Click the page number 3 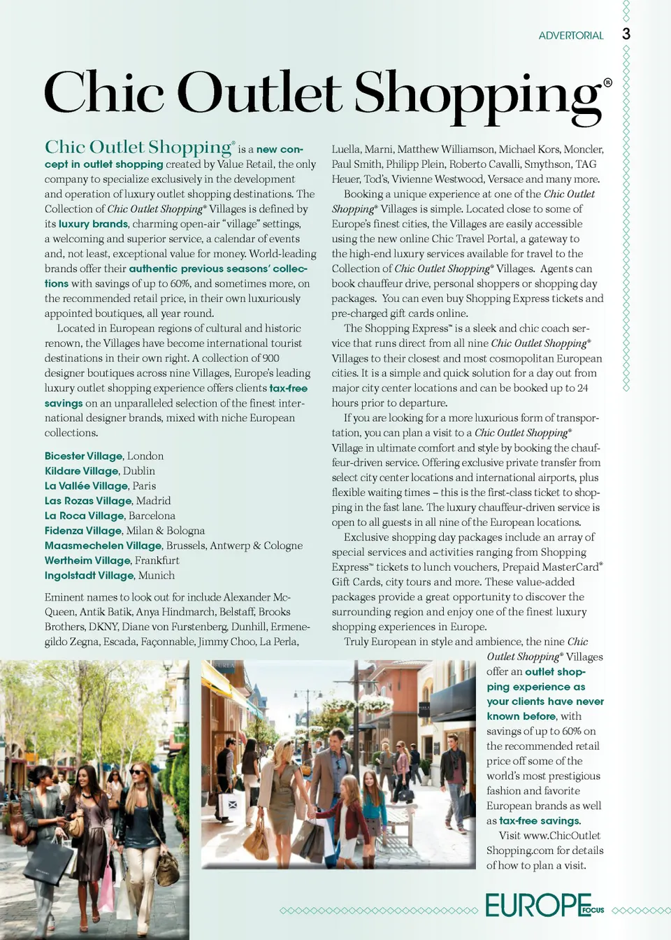click(x=626, y=34)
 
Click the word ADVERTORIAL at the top click(x=570, y=36)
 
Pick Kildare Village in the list click(x=81, y=471)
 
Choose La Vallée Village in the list click(x=86, y=486)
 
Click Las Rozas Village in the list click(x=88, y=501)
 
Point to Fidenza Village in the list click(x=83, y=531)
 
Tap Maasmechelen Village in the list click(x=103, y=546)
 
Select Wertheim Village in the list click(x=87, y=561)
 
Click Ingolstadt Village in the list click(x=89, y=576)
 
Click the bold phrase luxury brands click(x=93, y=225)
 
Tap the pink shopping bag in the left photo click(x=106, y=888)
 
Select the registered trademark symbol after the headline click(x=607, y=83)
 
